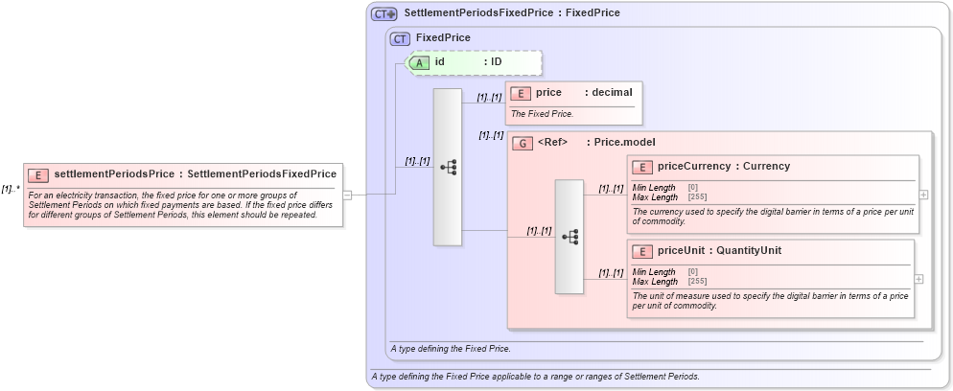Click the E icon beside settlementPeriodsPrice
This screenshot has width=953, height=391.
pyautogui.click(x=38, y=174)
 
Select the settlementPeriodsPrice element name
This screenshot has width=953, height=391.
pyautogui.click(x=115, y=174)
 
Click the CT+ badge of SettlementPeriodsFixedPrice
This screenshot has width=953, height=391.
pyautogui.click(x=384, y=13)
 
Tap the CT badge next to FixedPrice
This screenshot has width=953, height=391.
pyautogui.click(x=401, y=38)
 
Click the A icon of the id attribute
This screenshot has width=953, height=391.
pyautogui.click(x=420, y=62)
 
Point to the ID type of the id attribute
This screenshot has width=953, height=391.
pyautogui.click(x=497, y=62)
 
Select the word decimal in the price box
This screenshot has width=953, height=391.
pyautogui.click(x=612, y=93)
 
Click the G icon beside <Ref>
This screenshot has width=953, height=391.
pyautogui.click(x=523, y=143)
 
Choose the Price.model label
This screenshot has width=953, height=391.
pyautogui.click(x=624, y=143)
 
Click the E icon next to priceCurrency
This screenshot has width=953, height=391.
pyautogui.click(x=642, y=167)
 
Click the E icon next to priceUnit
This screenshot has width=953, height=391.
pyautogui.click(x=642, y=251)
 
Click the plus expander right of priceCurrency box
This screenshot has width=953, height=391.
pyautogui.click(x=922, y=195)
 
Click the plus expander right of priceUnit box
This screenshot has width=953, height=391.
pyautogui.click(x=918, y=279)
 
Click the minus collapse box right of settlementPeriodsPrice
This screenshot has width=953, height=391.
pyautogui.click(x=347, y=195)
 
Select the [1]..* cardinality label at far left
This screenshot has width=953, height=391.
pyautogui.click(x=11, y=188)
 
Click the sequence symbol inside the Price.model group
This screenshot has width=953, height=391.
pyautogui.click(x=569, y=236)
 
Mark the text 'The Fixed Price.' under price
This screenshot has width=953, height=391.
pyautogui.click(x=543, y=113)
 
